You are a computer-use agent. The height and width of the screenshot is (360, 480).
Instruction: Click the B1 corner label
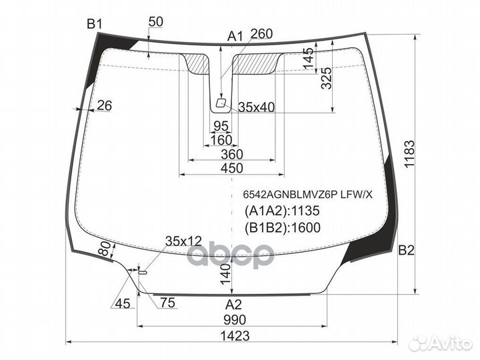click(x=94, y=24)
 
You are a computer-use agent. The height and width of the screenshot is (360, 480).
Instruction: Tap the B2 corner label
click(x=406, y=251)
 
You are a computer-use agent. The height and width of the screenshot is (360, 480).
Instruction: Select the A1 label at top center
click(x=235, y=37)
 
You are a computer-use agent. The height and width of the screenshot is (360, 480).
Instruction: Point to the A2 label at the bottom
click(x=233, y=304)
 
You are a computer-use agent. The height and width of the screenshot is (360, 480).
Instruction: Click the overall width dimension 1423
click(x=235, y=336)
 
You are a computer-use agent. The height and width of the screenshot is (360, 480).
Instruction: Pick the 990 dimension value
click(x=235, y=320)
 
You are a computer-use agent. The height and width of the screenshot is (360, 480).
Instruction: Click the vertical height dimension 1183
click(x=409, y=154)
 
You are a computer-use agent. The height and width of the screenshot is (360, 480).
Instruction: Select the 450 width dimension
click(x=232, y=168)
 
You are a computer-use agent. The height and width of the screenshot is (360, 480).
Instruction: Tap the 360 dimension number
click(x=232, y=154)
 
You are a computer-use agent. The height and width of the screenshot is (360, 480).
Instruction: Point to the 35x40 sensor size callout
click(x=257, y=107)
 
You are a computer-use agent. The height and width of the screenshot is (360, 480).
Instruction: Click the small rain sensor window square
click(x=221, y=103)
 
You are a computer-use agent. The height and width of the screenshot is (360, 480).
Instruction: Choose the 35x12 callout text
click(x=184, y=241)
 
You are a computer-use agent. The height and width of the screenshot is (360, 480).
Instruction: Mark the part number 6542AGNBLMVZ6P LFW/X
click(x=307, y=195)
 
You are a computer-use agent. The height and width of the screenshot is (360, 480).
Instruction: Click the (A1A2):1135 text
click(x=282, y=211)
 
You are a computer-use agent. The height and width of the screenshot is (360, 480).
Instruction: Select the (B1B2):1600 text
click(x=283, y=227)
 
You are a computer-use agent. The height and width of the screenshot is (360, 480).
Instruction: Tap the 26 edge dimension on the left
click(x=105, y=105)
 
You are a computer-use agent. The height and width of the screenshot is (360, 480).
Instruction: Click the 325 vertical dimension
click(x=326, y=79)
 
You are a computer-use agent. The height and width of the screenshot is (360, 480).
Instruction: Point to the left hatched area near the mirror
click(x=197, y=63)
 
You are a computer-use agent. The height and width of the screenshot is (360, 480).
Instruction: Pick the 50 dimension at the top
click(x=156, y=22)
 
